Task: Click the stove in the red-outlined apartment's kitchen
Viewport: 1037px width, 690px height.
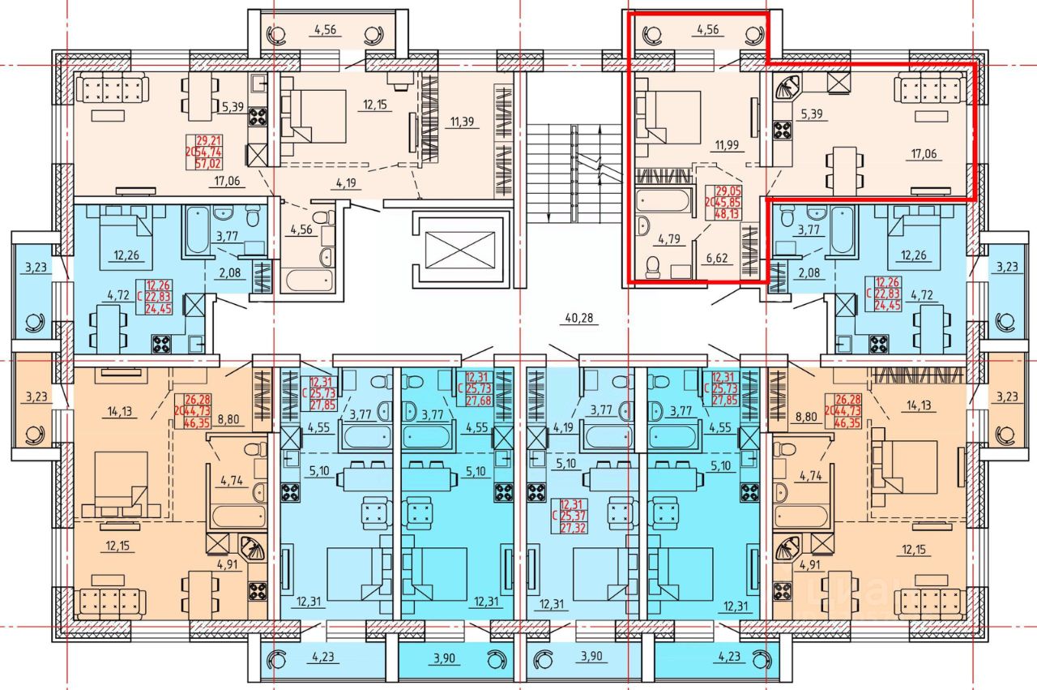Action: (x=783, y=131)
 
